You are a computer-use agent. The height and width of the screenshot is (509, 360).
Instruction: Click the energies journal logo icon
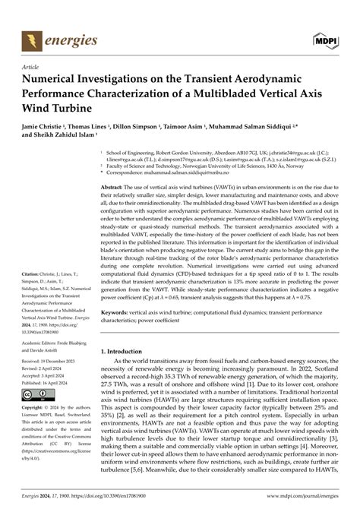[31, 39]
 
